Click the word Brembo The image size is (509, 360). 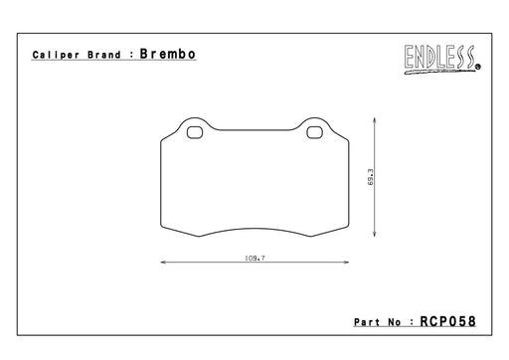tap(167, 54)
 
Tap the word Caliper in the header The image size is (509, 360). tap(56, 55)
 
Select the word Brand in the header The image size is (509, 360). tap(104, 55)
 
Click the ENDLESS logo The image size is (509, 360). tap(442, 60)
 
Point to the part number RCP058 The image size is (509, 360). tap(447, 321)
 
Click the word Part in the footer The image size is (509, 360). tap(367, 322)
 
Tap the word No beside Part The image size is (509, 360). tap(395, 322)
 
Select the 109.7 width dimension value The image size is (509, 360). tap(254, 258)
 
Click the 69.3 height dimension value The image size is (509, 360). tap(370, 177)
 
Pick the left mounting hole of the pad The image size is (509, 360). tap(195, 132)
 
